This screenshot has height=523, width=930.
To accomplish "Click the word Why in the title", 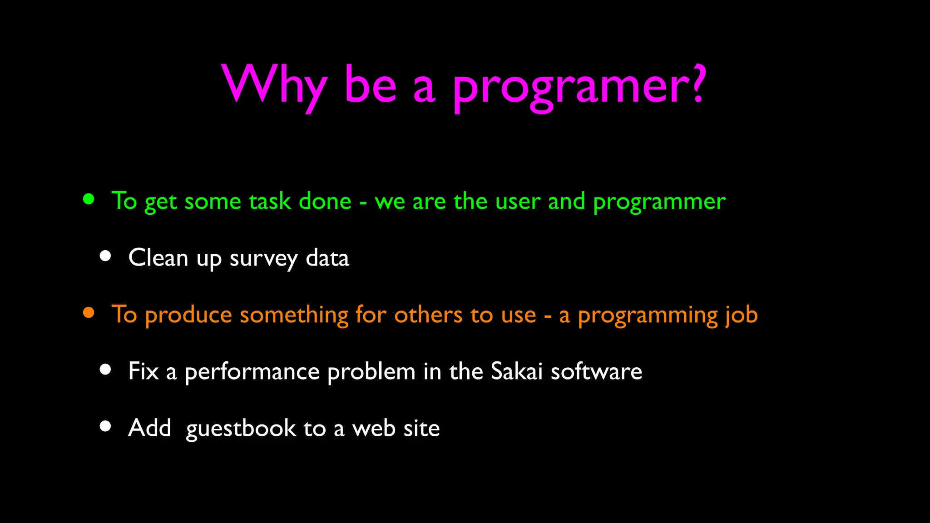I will click(x=274, y=86).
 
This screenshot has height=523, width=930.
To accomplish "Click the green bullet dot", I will click(x=89, y=199).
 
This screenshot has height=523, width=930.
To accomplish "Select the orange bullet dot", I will click(x=89, y=312).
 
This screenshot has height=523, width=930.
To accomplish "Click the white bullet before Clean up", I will click(x=105, y=256).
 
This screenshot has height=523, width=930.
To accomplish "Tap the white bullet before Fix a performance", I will click(x=105, y=370).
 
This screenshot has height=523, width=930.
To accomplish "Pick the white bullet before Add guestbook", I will click(x=105, y=426).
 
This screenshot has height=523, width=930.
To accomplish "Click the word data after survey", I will click(x=327, y=257).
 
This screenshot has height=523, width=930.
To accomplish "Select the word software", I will click(x=596, y=371).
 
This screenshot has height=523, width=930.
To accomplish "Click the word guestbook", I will click(x=241, y=429).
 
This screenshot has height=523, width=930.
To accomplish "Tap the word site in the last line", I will click(x=421, y=428).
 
